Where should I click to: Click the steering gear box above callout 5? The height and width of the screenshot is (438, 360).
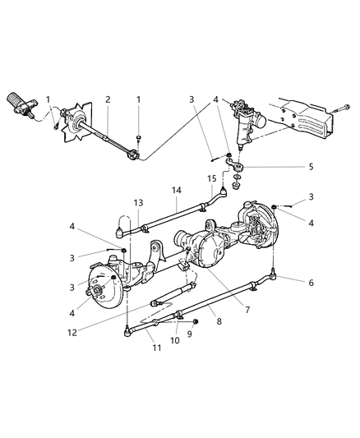coord(244,120)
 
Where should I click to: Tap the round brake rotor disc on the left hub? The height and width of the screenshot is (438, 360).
coord(103,291)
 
